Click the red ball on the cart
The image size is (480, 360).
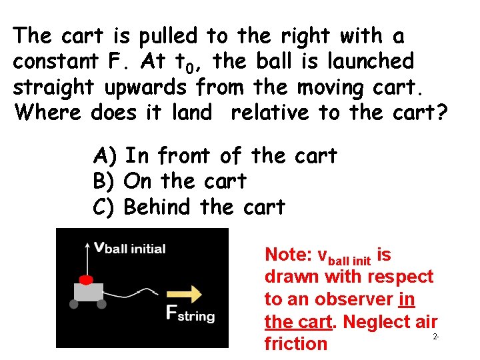pyautogui.click(x=85, y=278)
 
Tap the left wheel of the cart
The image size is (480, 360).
pyautogui.click(x=74, y=304)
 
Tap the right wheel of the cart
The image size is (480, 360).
pyautogui.click(x=101, y=304)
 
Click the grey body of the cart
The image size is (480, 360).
pyautogui.click(x=88, y=291)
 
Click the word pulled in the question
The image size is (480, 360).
pyautogui.click(x=169, y=35)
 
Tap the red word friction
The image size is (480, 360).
pyautogui.click(x=296, y=343)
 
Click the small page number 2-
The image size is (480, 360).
pyautogui.click(x=435, y=337)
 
